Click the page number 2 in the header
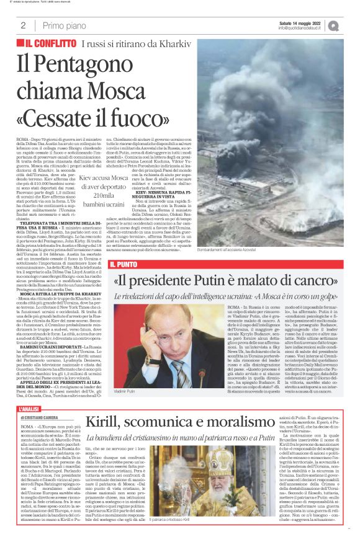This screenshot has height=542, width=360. (x=23, y=25)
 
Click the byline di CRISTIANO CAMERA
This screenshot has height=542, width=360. (x=47, y=401)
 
